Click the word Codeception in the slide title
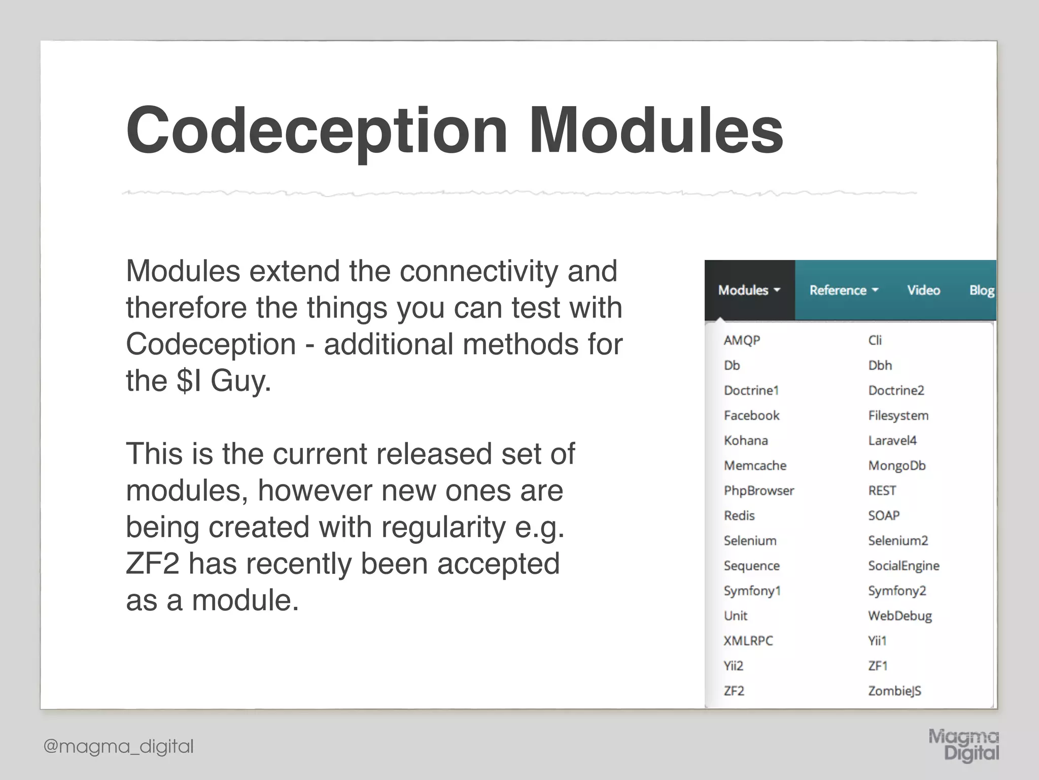point(317,131)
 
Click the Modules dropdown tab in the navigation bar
point(749,290)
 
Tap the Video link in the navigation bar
point(923,290)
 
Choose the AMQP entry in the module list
point(742,340)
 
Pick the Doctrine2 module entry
point(896,391)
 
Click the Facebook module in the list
point(751,415)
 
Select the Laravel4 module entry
point(892,440)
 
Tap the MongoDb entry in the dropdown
point(896,466)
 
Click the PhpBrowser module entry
point(758,491)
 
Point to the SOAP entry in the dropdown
point(884,515)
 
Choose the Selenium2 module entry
point(897,540)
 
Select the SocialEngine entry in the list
point(904,566)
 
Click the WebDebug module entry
point(899,616)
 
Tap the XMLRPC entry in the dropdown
point(748,641)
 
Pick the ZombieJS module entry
point(894,691)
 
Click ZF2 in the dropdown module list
point(734,691)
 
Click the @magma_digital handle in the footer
point(119,746)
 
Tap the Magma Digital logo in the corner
point(964,745)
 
